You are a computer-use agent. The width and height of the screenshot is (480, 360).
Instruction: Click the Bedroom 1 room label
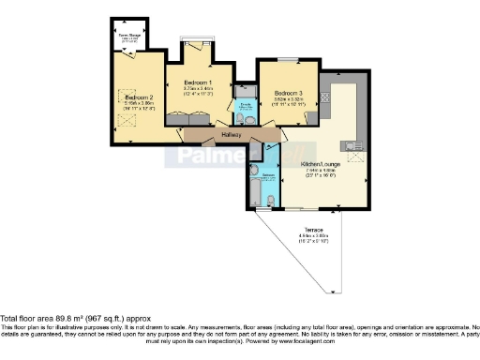tap(197, 82)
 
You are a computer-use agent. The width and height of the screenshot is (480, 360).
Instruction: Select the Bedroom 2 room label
tap(138, 97)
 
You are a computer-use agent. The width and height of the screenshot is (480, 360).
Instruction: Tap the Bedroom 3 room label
tap(288, 94)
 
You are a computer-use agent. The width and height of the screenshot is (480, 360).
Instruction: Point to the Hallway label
tap(232, 135)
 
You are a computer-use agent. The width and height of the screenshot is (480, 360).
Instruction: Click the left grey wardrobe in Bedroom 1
tap(180, 118)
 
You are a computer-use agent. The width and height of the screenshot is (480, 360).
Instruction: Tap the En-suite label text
tap(246, 105)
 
